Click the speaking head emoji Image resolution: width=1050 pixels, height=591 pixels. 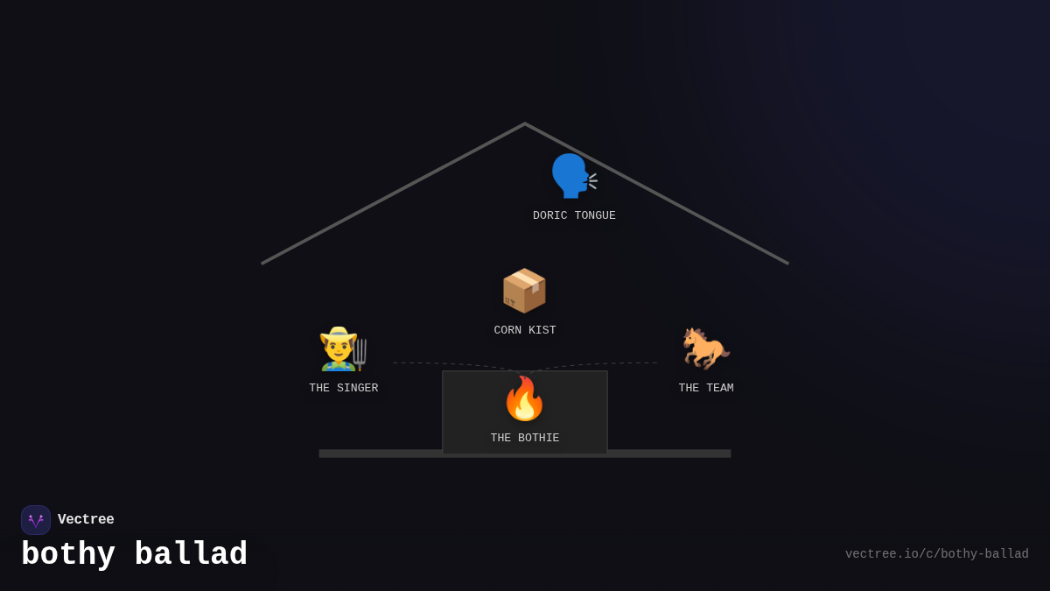[x=570, y=175]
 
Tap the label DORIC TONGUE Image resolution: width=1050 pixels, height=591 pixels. [x=574, y=216]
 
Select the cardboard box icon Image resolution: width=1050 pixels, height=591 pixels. [x=524, y=291]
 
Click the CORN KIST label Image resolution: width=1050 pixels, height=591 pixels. [x=525, y=331]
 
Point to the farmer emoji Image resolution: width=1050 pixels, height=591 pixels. [x=339, y=348]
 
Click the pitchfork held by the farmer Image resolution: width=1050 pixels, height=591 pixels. [x=360, y=353]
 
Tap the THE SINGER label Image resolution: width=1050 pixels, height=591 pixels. [x=344, y=389]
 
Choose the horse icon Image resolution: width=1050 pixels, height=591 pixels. [x=705, y=348]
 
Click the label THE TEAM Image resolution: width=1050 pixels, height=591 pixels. [x=706, y=389]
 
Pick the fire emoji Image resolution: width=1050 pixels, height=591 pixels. [x=524, y=398]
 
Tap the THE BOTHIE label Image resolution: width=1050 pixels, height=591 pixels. [x=525, y=439]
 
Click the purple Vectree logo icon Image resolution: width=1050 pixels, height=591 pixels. [x=36, y=520]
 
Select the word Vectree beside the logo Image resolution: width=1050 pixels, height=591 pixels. [x=86, y=520]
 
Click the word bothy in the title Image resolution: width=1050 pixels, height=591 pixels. [x=68, y=555]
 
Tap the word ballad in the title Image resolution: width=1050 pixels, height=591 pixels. [x=191, y=555]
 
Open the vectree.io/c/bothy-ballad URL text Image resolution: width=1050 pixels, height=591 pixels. [x=936, y=554]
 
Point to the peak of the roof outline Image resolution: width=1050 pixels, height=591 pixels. [x=525, y=124]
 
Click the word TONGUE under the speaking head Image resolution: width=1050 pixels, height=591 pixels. [x=595, y=216]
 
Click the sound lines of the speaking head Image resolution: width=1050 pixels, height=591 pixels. [x=592, y=181]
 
